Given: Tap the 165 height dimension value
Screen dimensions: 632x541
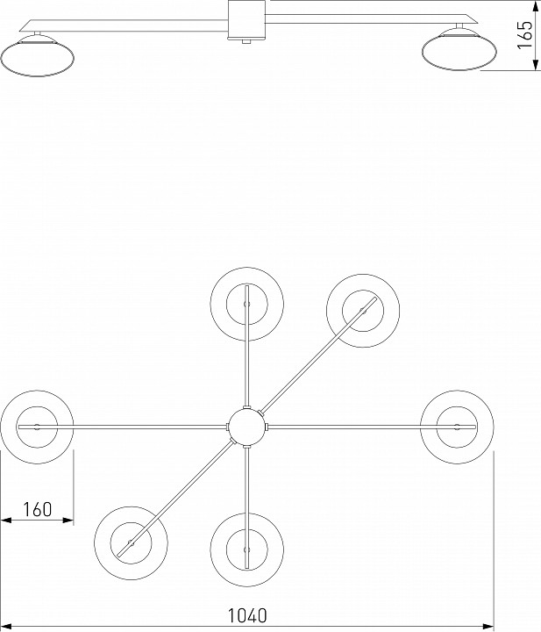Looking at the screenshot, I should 524,37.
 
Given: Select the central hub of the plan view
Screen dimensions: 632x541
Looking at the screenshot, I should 246,426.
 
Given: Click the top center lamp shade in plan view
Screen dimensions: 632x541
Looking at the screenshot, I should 246,304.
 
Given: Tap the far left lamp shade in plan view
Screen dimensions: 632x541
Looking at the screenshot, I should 37,426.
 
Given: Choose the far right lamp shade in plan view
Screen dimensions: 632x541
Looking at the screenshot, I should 457,426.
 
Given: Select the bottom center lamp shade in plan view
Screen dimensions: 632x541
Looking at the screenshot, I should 246,549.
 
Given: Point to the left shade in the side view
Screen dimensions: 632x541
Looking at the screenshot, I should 37,56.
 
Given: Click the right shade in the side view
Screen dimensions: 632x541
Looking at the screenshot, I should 459,50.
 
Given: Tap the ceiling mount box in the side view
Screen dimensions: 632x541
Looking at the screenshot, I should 246,20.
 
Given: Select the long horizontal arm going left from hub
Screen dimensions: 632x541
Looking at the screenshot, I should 140,426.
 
